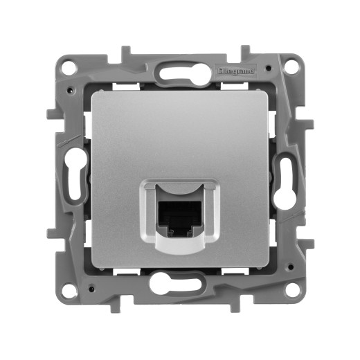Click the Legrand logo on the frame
[x=237, y=70]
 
